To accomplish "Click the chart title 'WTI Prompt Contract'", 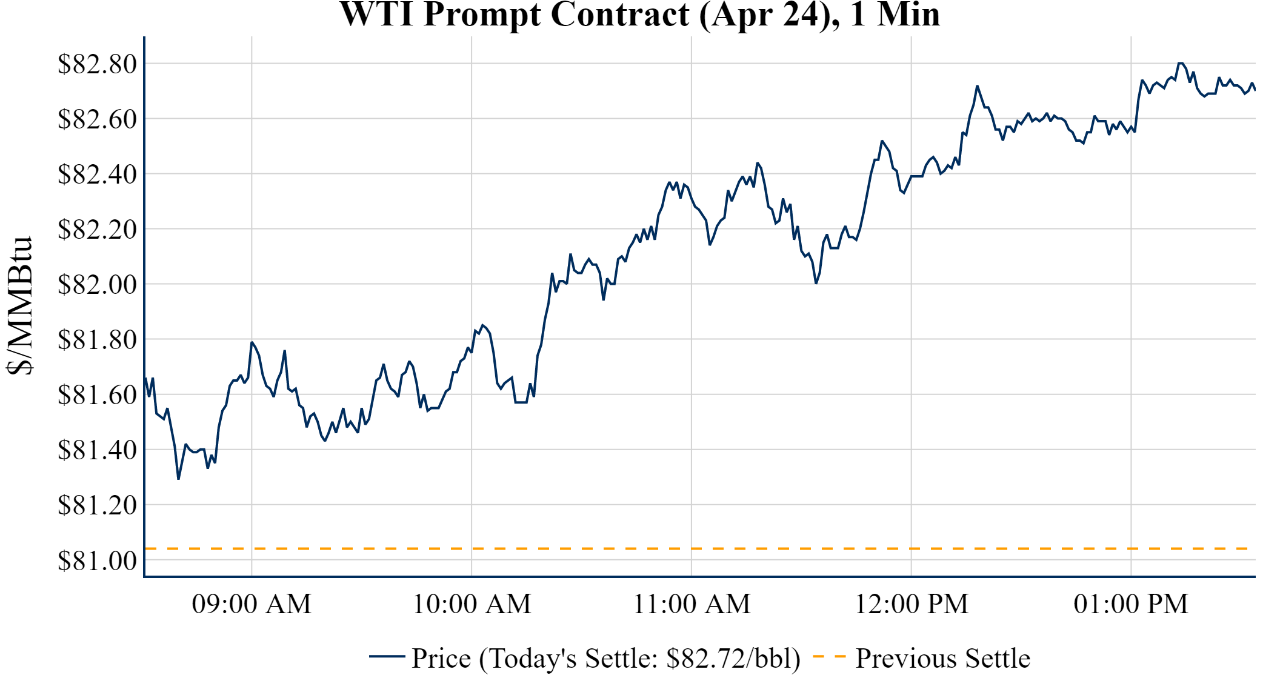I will [x=639, y=15].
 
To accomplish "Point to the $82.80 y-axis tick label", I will [x=97, y=64].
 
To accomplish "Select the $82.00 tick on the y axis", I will [x=97, y=284].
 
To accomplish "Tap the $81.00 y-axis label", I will [x=97, y=560].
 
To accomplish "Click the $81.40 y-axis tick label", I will [x=97, y=450].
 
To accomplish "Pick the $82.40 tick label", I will [x=97, y=174].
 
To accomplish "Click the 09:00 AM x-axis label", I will [x=252, y=604].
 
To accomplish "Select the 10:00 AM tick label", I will [x=472, y=604].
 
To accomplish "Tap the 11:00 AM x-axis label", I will [x=692, y=604].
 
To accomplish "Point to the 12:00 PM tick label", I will [x=911, y=604].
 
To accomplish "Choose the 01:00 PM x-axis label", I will [x=1131, y=604].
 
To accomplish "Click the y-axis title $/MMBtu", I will [x=19, y=306].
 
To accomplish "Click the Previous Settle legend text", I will [x=942, y=659].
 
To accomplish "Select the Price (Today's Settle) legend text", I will [x=606, y=659].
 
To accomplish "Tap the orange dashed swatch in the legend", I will [x=829, y=656].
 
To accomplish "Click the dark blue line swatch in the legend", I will [x=387, y=656].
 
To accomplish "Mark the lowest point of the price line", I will [x=178, y=479].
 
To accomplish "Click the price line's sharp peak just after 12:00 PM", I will [x=977, y=86].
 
